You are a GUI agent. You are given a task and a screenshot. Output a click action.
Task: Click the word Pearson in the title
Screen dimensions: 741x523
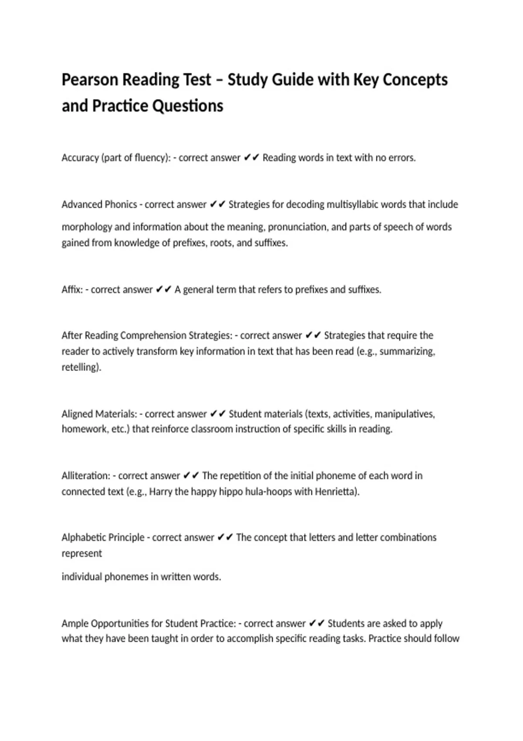(90, 80)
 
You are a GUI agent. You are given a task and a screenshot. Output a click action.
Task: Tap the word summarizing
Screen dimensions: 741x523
(407, 351)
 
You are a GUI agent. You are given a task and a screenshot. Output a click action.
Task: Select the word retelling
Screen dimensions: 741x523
(81, 367)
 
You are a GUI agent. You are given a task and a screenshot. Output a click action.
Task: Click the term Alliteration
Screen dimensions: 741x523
(86, 476)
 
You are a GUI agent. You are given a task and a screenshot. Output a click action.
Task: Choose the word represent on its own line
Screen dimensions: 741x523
(82, 554)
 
